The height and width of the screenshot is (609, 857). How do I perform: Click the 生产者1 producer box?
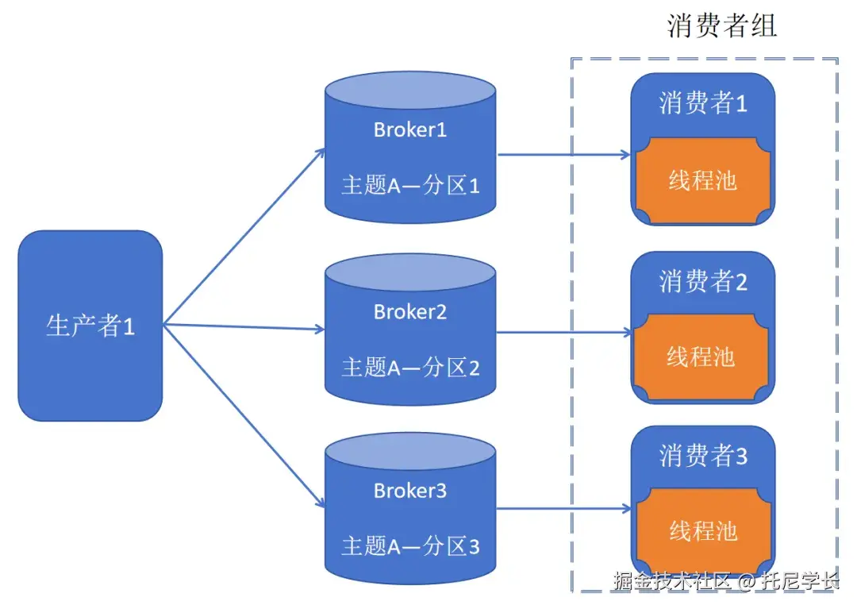point(90,326)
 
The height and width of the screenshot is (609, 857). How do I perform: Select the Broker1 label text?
point(410,129)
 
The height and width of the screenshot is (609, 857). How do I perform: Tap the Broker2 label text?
point(410,312)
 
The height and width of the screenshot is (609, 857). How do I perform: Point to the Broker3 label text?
point(410,491)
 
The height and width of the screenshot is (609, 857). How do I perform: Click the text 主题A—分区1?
point(410,185)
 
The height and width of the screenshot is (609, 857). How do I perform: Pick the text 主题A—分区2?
point(410,368)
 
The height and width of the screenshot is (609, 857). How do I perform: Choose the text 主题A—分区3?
point(410,546)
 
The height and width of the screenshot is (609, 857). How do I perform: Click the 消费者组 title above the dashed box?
point(721,25)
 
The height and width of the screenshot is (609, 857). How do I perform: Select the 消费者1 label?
point(702,103)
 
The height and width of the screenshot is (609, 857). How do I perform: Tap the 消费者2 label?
point(702,281)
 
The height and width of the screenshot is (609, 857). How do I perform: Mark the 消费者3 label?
point(702,456)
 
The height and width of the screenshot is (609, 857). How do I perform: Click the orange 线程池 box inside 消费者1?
point(702,181)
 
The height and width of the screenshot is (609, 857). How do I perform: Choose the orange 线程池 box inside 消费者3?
point(702,530)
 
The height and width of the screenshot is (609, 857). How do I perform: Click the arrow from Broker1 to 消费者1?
point(563,155)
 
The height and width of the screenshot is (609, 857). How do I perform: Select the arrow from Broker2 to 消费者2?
point(563,333)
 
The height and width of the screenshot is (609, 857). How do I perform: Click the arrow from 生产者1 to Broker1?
point(242,237)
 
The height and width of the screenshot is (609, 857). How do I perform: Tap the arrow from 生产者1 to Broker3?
point(242,414)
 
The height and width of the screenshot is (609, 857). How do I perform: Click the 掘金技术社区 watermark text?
point(671,581)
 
